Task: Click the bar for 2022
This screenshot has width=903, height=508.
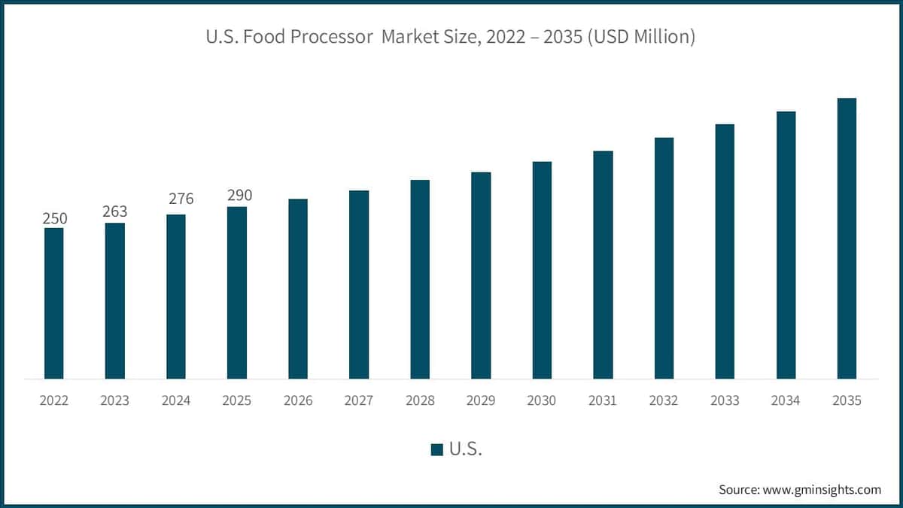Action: click(x=54, y=303)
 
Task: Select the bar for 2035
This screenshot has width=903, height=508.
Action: click(x=847, y=238)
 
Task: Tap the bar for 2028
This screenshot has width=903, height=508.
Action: click(x=420, y=279)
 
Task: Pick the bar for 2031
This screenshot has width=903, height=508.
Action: click(x=603, y=265)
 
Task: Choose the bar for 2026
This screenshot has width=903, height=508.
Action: click(x=298, y=288)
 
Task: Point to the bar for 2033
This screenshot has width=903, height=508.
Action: click(x=725, y=251)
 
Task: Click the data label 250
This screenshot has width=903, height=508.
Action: click(x=54, y=218)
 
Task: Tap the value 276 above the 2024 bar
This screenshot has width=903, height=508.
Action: click(x=181, y=199)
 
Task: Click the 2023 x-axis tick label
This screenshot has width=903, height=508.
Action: click(x=115, y=401)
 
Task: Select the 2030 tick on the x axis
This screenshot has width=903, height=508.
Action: click(x=542, y=401)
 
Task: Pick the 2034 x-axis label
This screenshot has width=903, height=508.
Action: click(x=786, y=401)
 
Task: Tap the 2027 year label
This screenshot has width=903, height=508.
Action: click(x=359, y=401)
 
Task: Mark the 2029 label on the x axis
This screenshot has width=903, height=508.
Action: click(x=481, y=401)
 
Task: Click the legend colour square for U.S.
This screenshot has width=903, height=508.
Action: click(x=436, y=450)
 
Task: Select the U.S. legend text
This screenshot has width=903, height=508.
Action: click(x=465, y=449)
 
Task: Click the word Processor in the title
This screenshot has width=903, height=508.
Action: click(x=339, y=36)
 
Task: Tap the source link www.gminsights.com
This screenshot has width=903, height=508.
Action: click(x=822, y=489)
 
